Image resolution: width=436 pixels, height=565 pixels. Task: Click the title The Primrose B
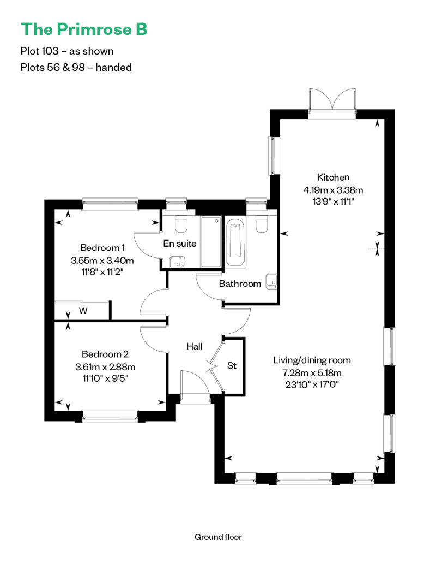click(x=84, y=29)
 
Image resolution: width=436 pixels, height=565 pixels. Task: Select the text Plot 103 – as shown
click(x=66, y=51)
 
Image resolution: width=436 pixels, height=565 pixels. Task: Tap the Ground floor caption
click(x=218, y=537)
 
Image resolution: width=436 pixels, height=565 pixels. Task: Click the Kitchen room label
click(x=333, y=177)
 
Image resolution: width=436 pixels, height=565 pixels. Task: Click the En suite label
click(x=180, y=243)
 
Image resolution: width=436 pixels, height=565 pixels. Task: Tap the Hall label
click(x=194, y=346)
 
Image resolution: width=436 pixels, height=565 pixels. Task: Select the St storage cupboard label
click(x=232, y=365)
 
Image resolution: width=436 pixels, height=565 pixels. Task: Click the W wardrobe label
click(x=83, y=311)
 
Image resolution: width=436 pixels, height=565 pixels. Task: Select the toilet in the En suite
click(x=181, y=224)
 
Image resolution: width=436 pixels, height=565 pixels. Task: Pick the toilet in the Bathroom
click(x=261, y=224)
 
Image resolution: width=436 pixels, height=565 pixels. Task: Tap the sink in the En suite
click(x=175, y=262)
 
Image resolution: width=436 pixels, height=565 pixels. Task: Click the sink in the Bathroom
click(x=271, y=281)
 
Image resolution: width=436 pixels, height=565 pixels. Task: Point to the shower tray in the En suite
click(x=210, y=242)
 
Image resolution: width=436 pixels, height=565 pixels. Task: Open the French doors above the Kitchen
click(x=331, y=104)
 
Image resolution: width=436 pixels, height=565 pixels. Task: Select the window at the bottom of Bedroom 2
click(x=110, y=418)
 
